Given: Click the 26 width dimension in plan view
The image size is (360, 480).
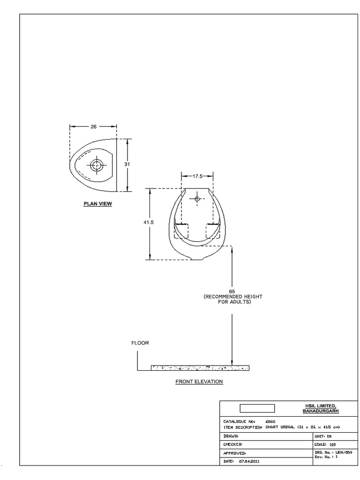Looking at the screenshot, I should (x=93, y=127).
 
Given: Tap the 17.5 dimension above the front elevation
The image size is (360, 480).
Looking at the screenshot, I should (x=197, y=177).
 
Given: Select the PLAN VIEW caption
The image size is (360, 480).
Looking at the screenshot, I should (x=97, y=204).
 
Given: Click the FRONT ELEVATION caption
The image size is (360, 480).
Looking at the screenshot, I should (x=199, y=382).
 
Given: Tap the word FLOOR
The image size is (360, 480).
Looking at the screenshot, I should (x=140, y=343).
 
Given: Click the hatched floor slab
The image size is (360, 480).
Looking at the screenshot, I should (x=200, y=368).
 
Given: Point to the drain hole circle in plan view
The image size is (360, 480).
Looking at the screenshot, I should (x=97, y=165).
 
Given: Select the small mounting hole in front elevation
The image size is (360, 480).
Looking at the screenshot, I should (x=197, y=199).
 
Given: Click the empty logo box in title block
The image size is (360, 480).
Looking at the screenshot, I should (x=257, y=408).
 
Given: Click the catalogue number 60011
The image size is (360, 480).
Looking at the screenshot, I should (x=270, y=421).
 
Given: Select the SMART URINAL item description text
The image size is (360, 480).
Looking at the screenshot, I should (x=302, y=427).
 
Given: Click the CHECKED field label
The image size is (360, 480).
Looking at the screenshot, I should (x=233, y=444).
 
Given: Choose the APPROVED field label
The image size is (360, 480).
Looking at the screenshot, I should (x=234, y=453).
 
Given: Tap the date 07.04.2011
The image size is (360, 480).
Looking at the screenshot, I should (x=249, y=462).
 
